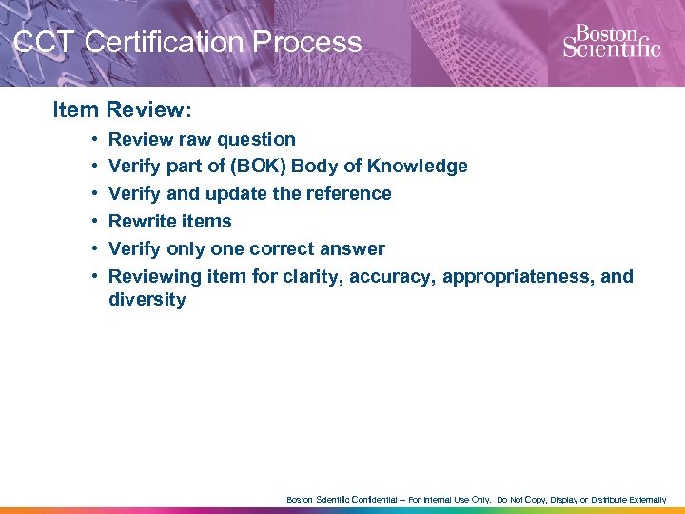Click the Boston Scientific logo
point(611,42)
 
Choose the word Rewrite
point(143,221)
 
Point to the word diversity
point(147,300)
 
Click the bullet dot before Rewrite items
point(97,221)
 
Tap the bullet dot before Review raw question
point(97,139)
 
